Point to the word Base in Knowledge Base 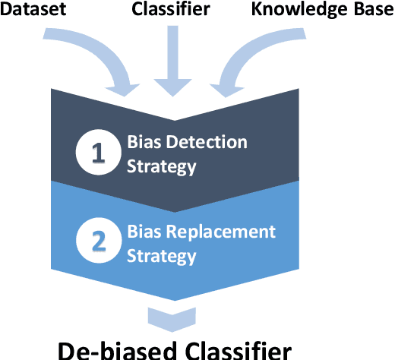[x=364, y=9]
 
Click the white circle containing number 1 [x=96, y=153]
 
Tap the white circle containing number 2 [x=96, y=240]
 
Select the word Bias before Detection [x=144, y=142]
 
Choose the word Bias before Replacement [x=144, y=231]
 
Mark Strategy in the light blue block [x=161, y=256]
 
